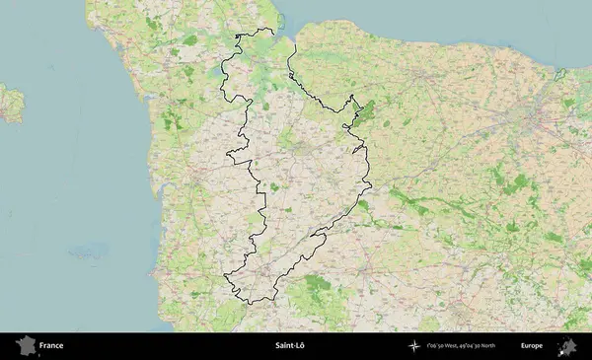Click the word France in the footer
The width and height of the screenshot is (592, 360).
pyautogui.click(x=51, y=346)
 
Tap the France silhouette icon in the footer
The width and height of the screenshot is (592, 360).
pyautogui.click(x=24, y=346)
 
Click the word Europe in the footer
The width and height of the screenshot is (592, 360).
pyautogui.click(x=532, y=346)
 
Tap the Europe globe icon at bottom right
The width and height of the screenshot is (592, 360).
pyautogui.click(x=567, y=346)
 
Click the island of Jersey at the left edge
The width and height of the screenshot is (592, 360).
pyautogui.click(x=10, y=103)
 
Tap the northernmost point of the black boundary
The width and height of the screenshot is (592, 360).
pyautogui.click(x=268, y=30)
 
